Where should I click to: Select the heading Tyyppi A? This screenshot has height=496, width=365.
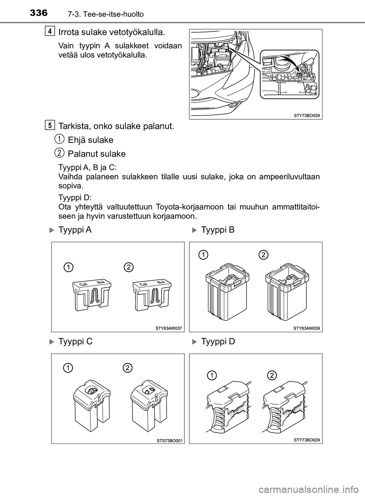[75, 230]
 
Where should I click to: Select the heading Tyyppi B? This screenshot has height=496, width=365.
[217, 230]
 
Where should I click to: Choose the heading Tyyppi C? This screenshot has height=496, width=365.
[75, 342]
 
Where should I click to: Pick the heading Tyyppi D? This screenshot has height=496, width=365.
[218, 342]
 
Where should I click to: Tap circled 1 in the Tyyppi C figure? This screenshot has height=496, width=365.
[68, 368]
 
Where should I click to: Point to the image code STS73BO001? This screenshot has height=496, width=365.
[170, 440]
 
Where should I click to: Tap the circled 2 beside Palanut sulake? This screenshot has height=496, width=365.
[59, 153]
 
